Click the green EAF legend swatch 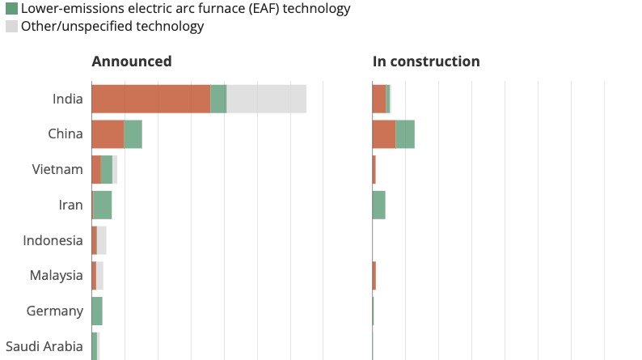11,10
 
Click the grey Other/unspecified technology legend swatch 11,27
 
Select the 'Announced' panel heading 131,61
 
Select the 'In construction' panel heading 425,61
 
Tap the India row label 67,99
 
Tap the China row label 65,134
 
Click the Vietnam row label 57,169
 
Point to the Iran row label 70,205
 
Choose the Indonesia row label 53,240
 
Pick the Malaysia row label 56,276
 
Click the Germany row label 54,311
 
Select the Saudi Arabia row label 44,346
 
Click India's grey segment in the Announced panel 266,99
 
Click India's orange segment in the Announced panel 150,99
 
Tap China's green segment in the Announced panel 133,134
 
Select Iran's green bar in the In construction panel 378,205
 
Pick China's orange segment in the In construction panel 383,134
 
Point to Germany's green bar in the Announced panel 97,311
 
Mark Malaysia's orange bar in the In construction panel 374,276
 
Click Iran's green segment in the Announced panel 103,205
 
